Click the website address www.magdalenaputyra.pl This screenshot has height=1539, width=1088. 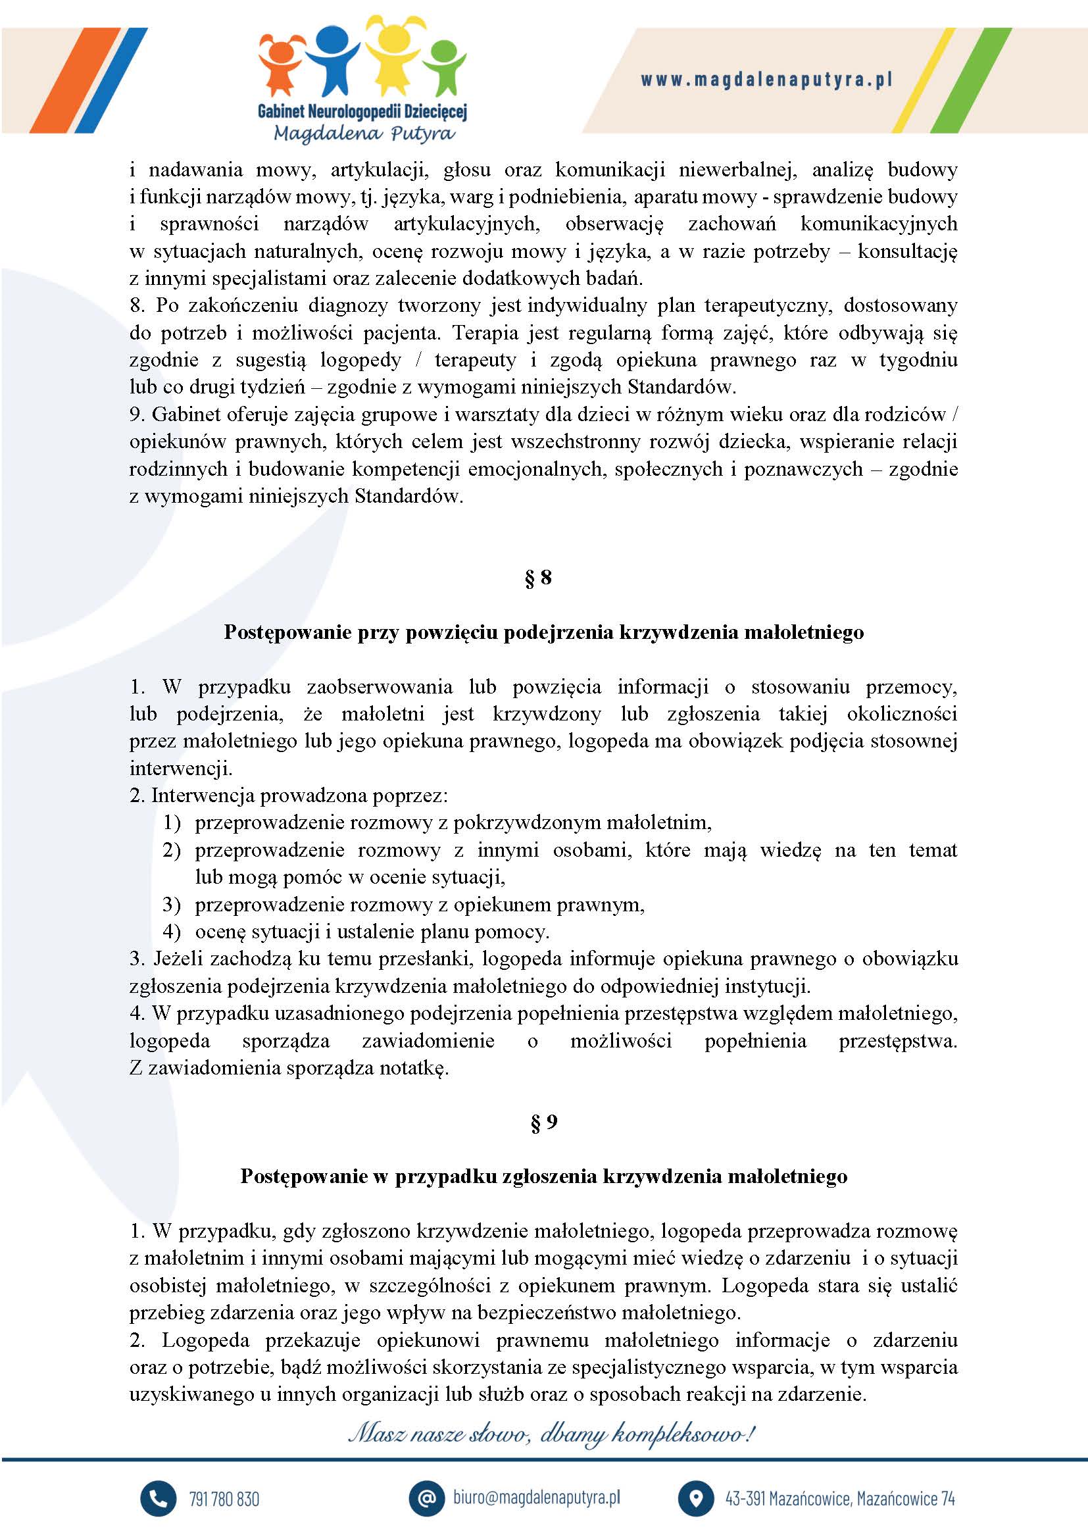pyautogui.click(x=766, y=80)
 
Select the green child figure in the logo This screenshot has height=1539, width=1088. pyautogui.click(x=444, y=66)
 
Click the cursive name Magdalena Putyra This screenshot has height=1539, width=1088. pyautogui.click(x=364, y=134)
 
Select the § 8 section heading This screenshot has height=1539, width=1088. pyautogui.click(x=539, y=577)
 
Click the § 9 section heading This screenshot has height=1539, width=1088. pyautogui.click(x=543, y=1122)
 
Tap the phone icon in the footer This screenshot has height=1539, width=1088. pyautogui.click(x=158, y=1498)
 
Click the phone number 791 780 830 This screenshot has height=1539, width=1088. pyautogui.click(x=224, y=1499)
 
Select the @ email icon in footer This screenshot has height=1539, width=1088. pyautogui.click(x=427, y=1498)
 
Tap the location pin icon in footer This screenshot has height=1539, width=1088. pyautogui.click(x=695, y=1498)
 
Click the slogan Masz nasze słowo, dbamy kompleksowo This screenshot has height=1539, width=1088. pyautogui.click(x=551, y=1435)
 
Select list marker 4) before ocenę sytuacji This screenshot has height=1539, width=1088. pyautogui.click(x=172, y=932)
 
